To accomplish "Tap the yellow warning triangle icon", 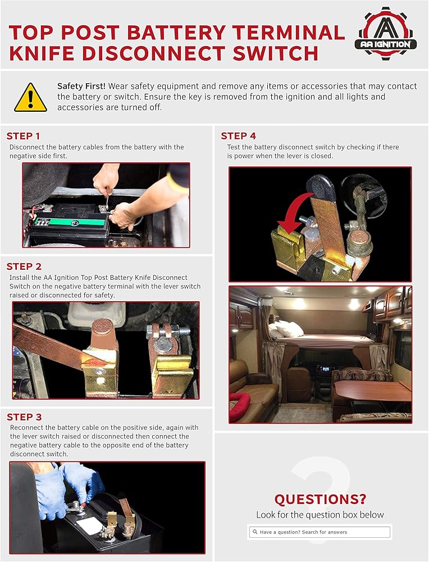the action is pos(30,98).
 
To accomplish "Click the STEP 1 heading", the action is pos(23,136).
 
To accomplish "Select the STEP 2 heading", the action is pos(24,266).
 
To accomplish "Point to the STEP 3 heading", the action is pos(24,417).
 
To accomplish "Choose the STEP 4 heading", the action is pos(239,136).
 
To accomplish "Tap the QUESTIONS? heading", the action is pos(321,499).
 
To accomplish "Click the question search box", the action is pos(320,532).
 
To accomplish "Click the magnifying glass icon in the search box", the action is pos(255,532).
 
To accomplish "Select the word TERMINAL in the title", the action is pos(289,33).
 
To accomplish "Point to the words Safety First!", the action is pos(81,86).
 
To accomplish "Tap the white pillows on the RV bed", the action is pos(286,329).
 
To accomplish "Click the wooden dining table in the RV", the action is pos(373,391).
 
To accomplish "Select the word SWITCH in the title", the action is pos(275,53).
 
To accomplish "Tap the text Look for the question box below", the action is pos(320,515).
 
